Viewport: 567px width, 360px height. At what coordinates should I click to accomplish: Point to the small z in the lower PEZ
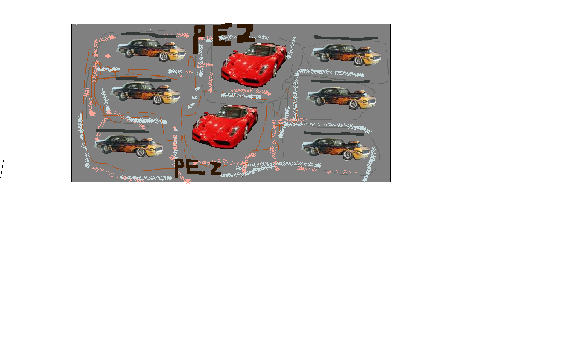(x=214, y=170)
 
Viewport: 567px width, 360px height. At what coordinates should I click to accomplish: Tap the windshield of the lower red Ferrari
(x=232, y=112)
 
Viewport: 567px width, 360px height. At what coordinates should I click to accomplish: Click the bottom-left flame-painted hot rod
(x=127, y=145)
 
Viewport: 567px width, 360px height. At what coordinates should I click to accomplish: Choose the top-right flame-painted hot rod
(x=345, y=53)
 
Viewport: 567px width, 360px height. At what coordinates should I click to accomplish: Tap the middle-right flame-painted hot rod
(x=341, y=97)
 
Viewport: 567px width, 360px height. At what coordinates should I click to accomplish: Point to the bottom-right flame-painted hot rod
(x=335, y=147)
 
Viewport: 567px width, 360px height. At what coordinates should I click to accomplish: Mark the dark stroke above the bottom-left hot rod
(x=122, y=131)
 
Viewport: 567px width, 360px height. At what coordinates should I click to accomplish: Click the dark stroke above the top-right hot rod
(x=345, y=38)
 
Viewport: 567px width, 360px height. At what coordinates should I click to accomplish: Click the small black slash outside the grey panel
(x=2, y=169)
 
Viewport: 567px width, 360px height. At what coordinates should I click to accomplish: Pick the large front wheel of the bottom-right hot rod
(x=348, y=155)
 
